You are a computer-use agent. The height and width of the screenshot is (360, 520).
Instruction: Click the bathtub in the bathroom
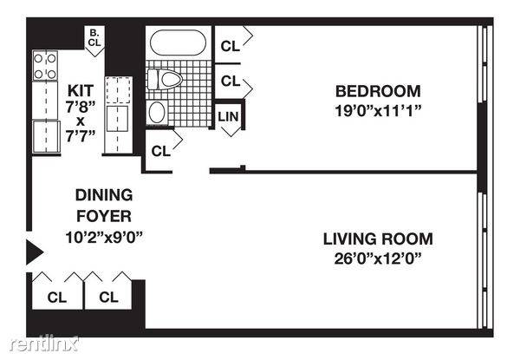[178, 43]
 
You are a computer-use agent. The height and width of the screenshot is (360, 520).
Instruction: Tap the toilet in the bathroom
[165, 79]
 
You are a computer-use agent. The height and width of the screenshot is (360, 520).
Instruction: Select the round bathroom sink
[157, 113]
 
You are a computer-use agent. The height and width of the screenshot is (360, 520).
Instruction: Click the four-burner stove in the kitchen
[45, 65]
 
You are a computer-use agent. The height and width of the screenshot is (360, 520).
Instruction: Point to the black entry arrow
[35, 252]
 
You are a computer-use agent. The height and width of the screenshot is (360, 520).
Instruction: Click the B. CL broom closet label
[94, 38]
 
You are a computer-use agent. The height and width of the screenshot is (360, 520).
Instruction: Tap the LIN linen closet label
[228, 116]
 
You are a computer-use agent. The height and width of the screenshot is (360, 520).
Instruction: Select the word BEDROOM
[378, 91]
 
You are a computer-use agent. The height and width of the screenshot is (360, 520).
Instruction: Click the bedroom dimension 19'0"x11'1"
[378, 110]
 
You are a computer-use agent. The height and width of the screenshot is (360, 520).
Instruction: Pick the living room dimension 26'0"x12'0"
[378, 259]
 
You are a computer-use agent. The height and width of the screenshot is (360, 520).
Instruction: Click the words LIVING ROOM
[378, 239]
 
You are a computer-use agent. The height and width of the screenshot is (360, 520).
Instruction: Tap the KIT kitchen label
[81, 90]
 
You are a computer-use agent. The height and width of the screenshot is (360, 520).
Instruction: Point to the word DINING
[104, 195]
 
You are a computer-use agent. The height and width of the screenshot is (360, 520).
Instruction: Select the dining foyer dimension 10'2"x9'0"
[104, 237]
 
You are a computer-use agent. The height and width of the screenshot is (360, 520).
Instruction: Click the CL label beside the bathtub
[231, 47]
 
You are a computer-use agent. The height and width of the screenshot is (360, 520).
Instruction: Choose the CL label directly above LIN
[231, 81]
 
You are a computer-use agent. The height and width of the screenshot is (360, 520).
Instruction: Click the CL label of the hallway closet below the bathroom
[161, 151]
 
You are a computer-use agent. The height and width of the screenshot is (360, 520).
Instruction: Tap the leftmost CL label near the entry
[57, 298]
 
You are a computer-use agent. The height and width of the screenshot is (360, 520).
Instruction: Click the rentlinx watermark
[44, 344]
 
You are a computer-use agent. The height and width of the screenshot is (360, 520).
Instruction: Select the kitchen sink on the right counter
[117, 119]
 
